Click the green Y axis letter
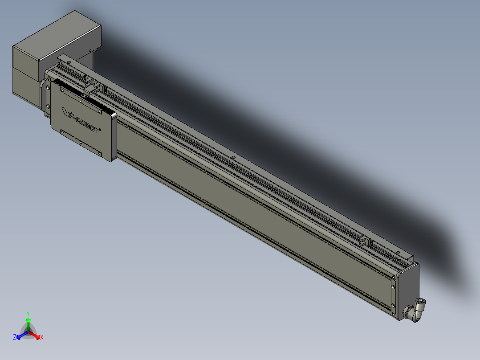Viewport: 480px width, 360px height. (28, 313)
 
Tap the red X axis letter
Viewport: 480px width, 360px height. (42, 338)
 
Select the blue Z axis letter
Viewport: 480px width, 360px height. (15, 337)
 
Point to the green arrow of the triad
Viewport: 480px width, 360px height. (28, 323)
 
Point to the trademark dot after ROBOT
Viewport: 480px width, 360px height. (100, 130)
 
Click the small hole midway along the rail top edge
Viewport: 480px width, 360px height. (233, 157)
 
